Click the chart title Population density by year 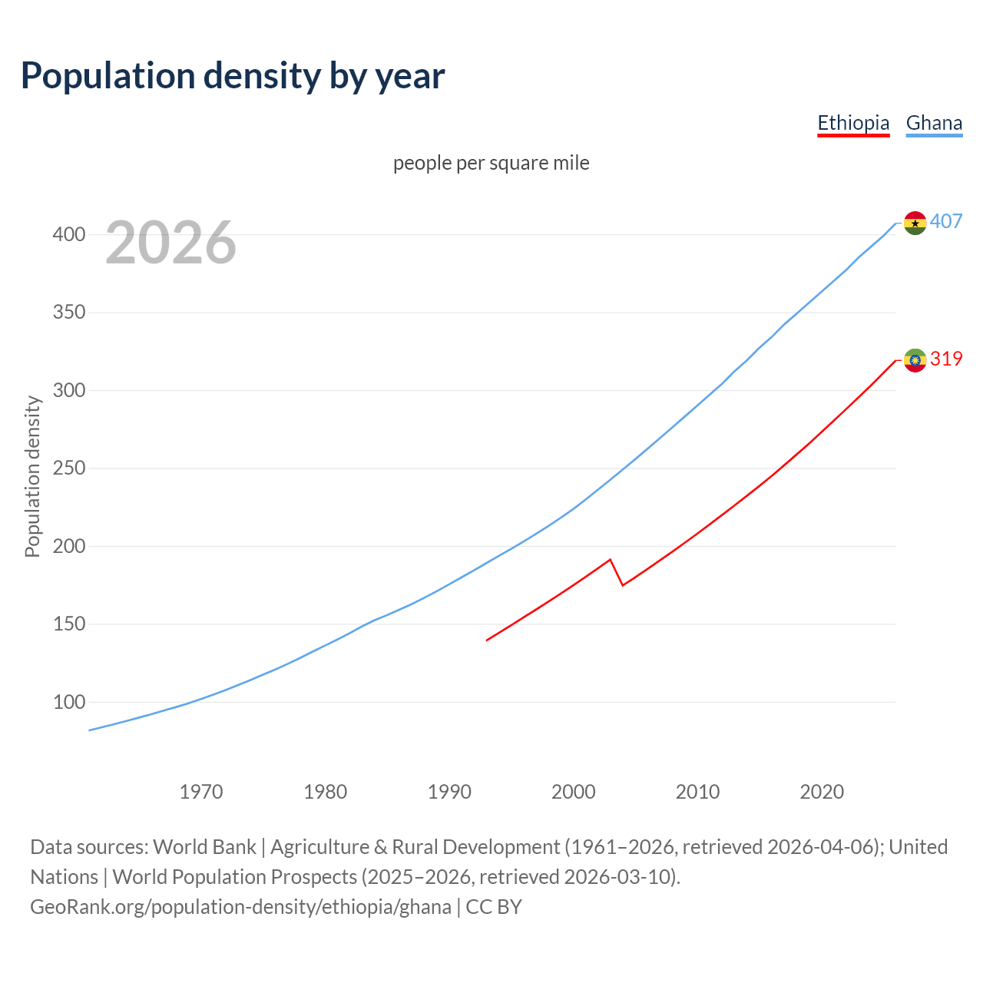click(x=233, y=76)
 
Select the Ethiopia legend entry click(x=853, y=123)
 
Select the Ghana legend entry click(x=934, y=123)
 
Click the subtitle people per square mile click(x=491, y=163)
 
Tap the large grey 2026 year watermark click(x=170, y=243)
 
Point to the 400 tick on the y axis click(x=69, y=234)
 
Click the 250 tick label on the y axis click(x=69, y=468)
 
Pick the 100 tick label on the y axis click(x=69, y=702)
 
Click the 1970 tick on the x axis click(x=201, y=791)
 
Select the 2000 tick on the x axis click(x=574, y=791)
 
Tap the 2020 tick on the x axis click(x=822, y=791)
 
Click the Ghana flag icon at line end click(x=915, y=223)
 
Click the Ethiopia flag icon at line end click(x=915, y=359)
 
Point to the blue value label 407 click(x=946, y=222)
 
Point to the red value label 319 click(x=946, y=359)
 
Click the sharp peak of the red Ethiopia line click(x=610, y=560)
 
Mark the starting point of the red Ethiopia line click(x=487, y=640)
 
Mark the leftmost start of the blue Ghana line click(x=90, y=730)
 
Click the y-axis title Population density click(x=32, y=476)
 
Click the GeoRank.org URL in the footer click(x=240, y=907)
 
